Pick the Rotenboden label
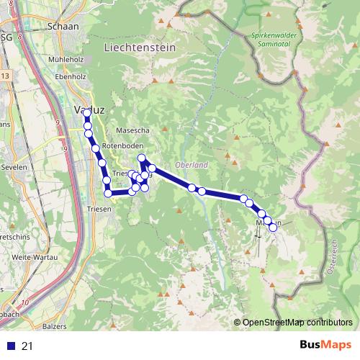click(119, 146)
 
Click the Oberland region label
click(192, 164)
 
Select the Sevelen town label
click(14, 166)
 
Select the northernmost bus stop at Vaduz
click(87, 113)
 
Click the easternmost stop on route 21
click(273, 227)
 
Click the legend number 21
click(27, 346)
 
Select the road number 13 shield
click(5, 76)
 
